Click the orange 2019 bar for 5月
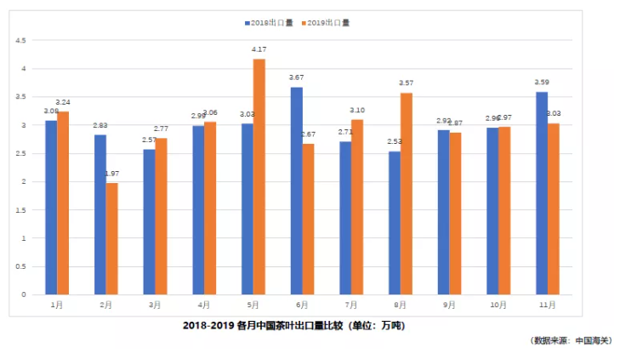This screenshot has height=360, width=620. click(x=259, y=177)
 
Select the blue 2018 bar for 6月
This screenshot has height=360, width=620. click(x=296, y=191)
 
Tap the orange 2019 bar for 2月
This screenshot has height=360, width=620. click(x=112, y=239)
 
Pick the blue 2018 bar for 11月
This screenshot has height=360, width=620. click(x=542, y=193)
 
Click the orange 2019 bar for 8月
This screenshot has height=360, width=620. click(x=406, y=194)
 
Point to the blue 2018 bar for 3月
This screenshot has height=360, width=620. click(x=149, y=222)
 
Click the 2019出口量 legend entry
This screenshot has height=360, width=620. click(x=327, y=23)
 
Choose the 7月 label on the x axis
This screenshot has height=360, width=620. click(x=350, y=304)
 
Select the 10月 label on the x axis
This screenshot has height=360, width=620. click(x=498, y=304)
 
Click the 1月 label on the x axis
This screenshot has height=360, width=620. click(x=57, y=304)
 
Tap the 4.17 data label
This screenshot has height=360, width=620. click(x=259, y=50)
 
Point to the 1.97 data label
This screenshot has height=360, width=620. click(x=111, y=174)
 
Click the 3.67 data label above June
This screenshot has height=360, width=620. click(x=296, y=78)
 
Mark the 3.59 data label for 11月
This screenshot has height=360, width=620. click(x=541, y=83)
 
